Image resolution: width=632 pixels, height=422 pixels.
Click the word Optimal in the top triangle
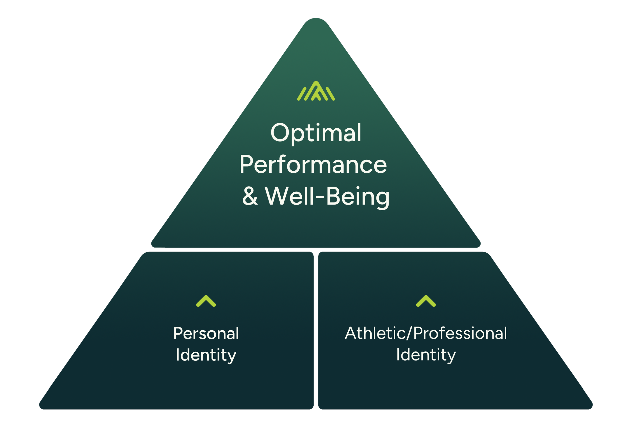[316, 133]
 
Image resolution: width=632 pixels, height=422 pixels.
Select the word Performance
[313, 165]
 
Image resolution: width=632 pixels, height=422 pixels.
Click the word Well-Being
[327, 196]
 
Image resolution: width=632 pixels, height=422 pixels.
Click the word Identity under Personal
[206, 355]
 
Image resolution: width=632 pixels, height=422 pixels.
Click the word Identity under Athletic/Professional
[426, 355]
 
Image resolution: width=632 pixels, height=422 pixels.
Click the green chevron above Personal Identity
[206, 301]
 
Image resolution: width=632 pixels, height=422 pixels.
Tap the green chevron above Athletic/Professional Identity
[426, 301]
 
